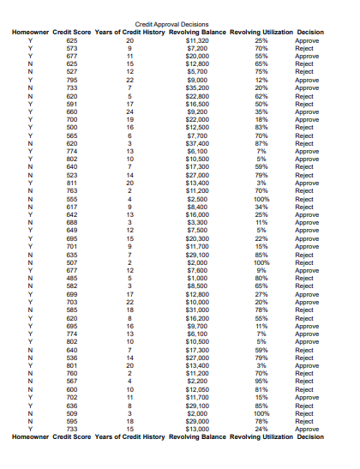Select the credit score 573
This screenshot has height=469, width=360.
(x=71, y=48)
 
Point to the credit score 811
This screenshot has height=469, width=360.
(x=71, y=183)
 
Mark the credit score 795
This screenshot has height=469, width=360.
(x=71, y=80)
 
